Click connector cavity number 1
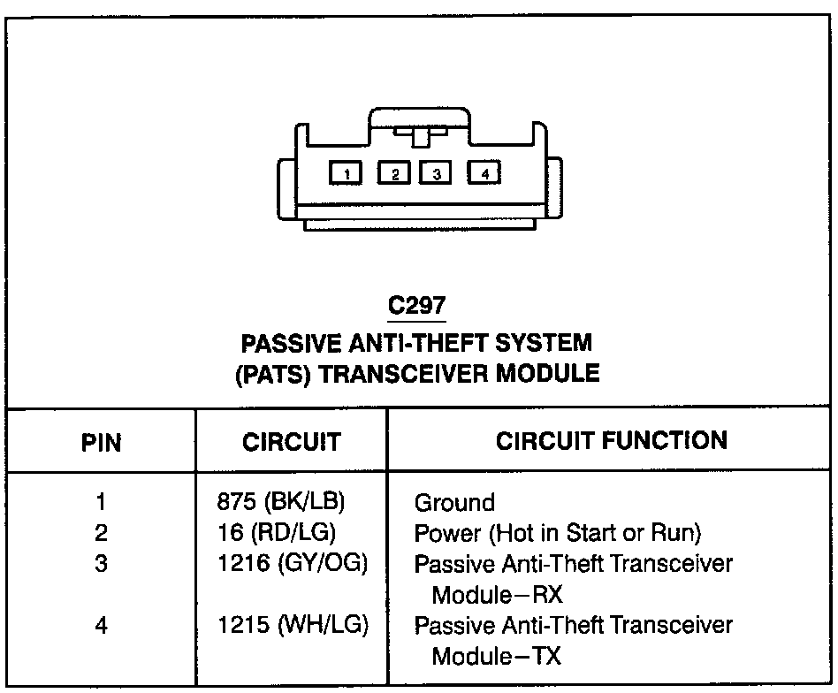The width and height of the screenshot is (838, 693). pyautogui.click(x=347, y=173)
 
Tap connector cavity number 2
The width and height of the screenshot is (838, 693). pyautogui.click(x=394, y=173)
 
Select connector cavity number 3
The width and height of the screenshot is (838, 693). pyautogui.click(x=437, y=173)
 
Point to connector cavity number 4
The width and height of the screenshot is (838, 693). pyautogui.click(x=484, y=173)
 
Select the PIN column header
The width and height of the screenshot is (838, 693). pyautogui.click(x=102, y=441)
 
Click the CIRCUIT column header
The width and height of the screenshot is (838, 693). pyautogui.click(x=291, y=441)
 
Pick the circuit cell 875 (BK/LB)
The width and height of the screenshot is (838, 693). pyautogui.click(x=280, y=501)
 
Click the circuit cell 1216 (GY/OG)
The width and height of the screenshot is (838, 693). pyautogui.click(x=292, y=562)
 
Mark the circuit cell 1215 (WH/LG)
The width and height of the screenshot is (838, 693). pyautogui.click(x=293, y=625)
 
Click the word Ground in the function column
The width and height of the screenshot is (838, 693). pyautogui.click(x=455, y=503)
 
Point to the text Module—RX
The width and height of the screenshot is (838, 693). pyautogui.click(x=497, y=593)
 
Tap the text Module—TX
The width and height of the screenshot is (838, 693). pyautogui.click(x=496, y=656)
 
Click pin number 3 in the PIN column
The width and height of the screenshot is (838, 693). pyautogui.click(x=102, y=563)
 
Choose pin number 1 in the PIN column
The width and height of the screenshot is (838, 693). pyautogui.click(x=102, y=502)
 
